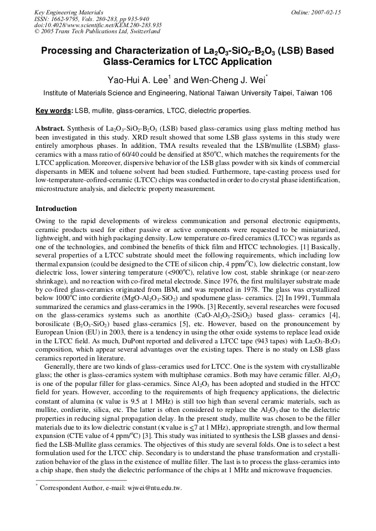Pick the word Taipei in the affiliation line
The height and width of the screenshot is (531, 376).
280,94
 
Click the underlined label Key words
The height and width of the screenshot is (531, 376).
54,111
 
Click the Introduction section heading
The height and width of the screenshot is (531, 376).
56,209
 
